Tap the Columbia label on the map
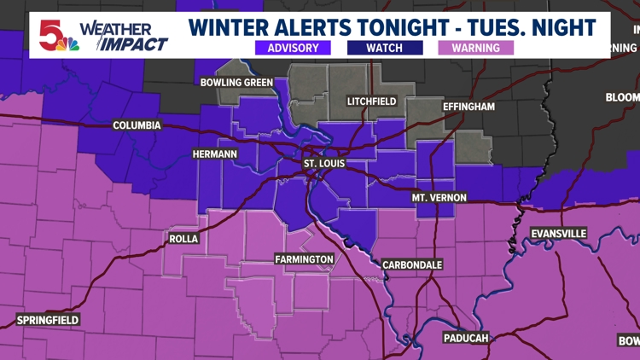click(x=137, y=125)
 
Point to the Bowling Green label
click(x=236, y=83)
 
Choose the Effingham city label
click(x=468, y=107)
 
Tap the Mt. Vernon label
click(x=439, y=198)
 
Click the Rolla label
click(x=183, y=239)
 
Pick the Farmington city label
click(x=304, y=258)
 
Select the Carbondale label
click(x=412, y=264)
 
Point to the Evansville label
click(x=559, y=233)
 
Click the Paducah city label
click(x=466, y=338)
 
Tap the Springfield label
click(x=48, y=320)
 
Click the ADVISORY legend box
click(x=293, y=48)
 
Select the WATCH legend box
click(x=384, y=48)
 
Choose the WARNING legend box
click(x=476, y=48)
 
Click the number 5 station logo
click(x=53, y=33)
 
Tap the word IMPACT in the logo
click(x=134, y=44)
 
